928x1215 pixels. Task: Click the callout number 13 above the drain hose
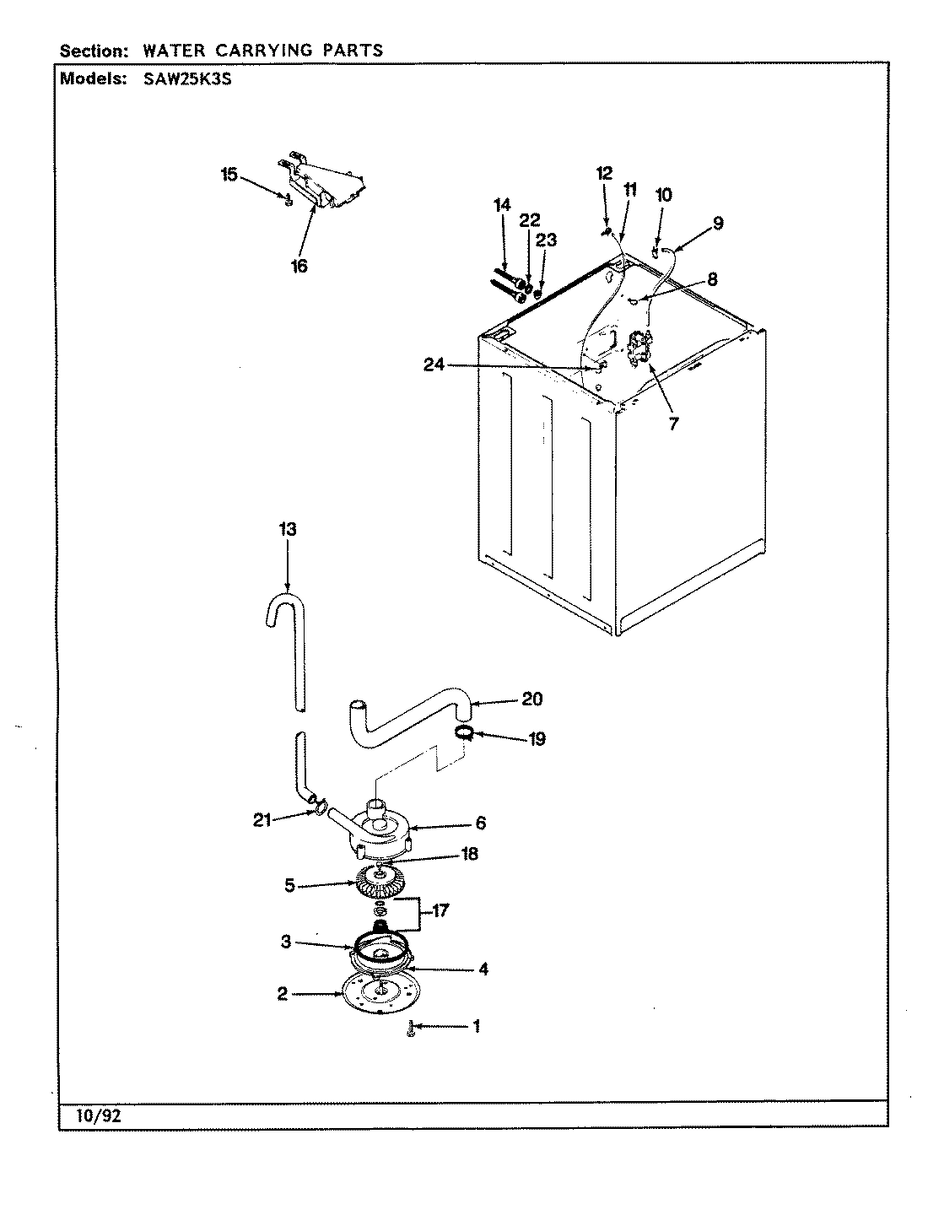[x=288, y=529]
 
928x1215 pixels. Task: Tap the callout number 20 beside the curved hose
[x=532, y=699]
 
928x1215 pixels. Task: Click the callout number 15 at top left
[x=229, y=175]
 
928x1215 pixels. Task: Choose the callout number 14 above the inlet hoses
[x=502, y=204]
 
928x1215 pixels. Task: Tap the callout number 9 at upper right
[x=717, y=224]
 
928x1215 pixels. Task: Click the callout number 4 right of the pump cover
[x=483, y=969]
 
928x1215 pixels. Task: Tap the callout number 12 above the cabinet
[x=604, y=174]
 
